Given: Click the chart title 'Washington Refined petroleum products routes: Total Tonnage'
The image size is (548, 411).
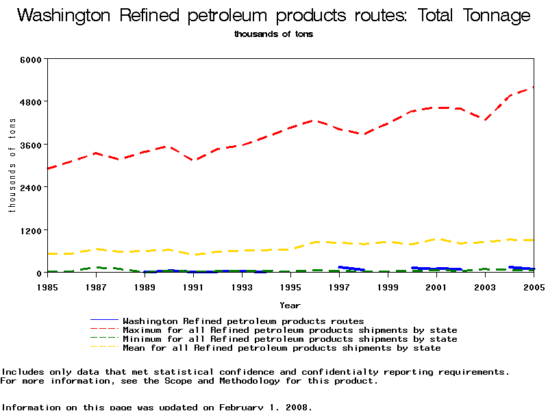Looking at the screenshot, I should (273, 16).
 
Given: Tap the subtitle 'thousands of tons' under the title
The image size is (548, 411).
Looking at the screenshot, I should (273, 34).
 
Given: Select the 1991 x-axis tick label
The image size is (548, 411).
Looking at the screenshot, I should (192, 286).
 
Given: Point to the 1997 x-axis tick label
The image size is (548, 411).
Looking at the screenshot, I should (339, 286).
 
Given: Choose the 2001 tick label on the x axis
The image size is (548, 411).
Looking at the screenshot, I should (436, 286).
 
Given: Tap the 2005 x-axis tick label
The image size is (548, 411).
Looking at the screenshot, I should (534, 286).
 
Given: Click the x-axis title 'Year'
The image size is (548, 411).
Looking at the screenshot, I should (290, 305).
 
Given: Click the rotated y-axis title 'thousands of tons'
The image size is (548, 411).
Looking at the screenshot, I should (12, 165).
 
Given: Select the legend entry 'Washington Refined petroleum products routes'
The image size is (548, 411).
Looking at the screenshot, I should (243, 321).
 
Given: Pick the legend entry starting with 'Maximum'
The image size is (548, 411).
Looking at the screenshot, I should (290, 329).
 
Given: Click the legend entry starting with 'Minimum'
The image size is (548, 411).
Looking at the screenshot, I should (290, 338).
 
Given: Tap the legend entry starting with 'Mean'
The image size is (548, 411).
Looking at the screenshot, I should (282, 348).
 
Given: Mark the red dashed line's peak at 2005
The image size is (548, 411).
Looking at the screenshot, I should (533, 88).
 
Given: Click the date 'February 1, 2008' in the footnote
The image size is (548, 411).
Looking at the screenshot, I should (266, 407).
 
